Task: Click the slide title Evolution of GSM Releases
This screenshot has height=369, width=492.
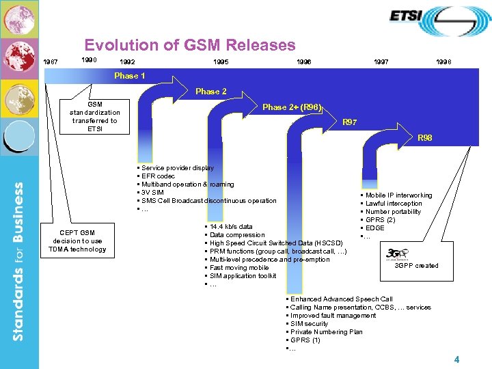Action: coord(189,46)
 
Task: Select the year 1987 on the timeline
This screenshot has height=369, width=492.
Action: coord(51,62)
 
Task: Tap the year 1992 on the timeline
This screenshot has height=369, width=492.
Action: coord(127,62)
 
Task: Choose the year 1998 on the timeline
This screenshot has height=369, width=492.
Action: coord(443,62)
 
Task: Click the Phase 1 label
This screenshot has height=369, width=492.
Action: coord(130,76)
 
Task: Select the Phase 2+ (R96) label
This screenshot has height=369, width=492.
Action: coord(292,107)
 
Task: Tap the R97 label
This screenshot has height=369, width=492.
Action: coord(349,122)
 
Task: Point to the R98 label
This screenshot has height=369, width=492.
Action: coord(425,138)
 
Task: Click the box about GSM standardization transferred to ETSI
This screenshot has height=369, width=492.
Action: coord(94,117)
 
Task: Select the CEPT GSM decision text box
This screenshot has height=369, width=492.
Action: coord(77,241)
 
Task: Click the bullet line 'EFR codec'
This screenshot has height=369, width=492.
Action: coord(158,176)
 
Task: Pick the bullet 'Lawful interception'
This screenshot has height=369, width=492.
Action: coord(394,204)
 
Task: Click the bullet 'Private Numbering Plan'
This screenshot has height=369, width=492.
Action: coord(326,332)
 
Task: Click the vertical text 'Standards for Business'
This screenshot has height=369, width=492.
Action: coord(19,260)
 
